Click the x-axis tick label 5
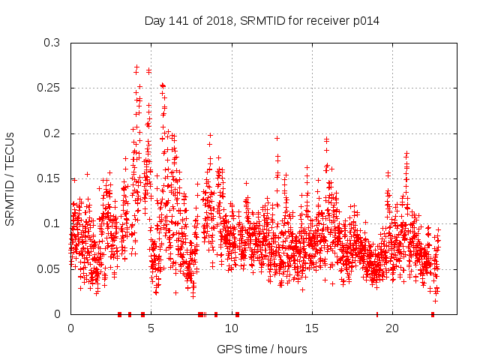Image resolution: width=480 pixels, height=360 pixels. (x=151, y=328)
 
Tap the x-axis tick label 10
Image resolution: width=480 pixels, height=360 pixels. (x=231, y=328)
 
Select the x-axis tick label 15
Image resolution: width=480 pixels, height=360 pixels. (x=311, y=328)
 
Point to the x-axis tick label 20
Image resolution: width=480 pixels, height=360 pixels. (x=391, y=328)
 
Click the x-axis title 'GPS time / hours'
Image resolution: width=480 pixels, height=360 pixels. (x=262, y=349)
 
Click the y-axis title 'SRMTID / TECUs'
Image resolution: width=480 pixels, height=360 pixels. (x=10, y=178)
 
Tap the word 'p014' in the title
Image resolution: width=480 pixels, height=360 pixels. (x=366, y=21)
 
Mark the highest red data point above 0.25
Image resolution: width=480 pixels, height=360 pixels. (x=136, y=67)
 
